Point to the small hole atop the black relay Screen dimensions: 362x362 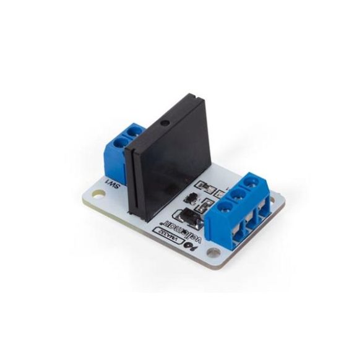point(164,124)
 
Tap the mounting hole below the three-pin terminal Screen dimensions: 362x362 point(215,253)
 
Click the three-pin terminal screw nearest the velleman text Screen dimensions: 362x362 point(222,199)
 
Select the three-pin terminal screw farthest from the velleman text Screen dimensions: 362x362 point(252,183)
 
